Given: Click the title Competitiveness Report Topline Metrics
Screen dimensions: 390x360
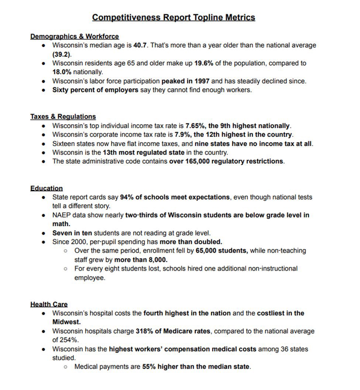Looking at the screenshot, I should coord(174,17).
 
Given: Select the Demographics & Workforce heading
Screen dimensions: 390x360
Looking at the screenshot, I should coord(75,36).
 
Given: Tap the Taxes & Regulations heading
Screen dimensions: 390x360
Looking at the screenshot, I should coord(63,116).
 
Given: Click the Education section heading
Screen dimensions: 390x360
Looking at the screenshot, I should coord(47,188).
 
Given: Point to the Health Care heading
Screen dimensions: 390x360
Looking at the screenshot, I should coord(49,304).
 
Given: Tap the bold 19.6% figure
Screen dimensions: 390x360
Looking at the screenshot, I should coord(203,63).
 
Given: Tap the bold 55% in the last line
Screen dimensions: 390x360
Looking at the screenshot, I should coord(149,367).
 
